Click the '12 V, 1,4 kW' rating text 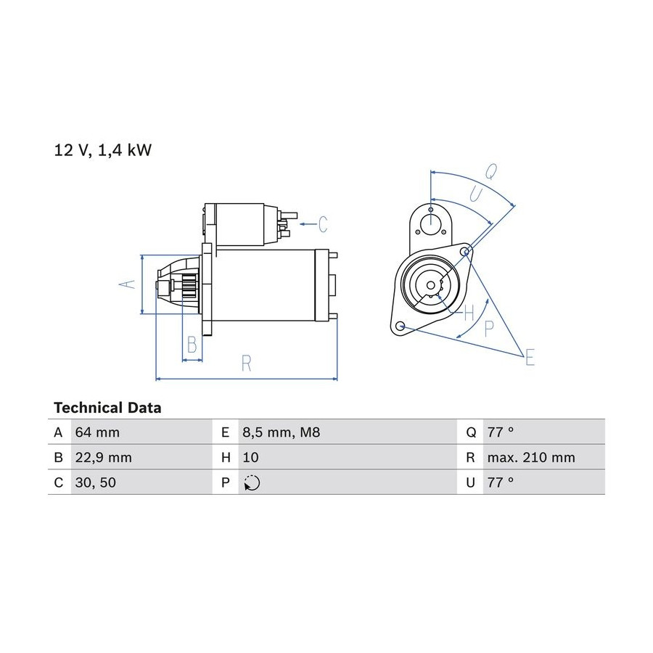(103, 150)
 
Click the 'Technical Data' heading (107, 408)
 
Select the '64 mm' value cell (97, 432)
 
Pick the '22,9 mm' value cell (103, 458)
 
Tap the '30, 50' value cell (95, 482)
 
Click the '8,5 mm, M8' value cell (281, 432)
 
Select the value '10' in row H (250, 458)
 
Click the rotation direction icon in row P (252, 482)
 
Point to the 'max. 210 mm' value (531, 458)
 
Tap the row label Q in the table (471, 432)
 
